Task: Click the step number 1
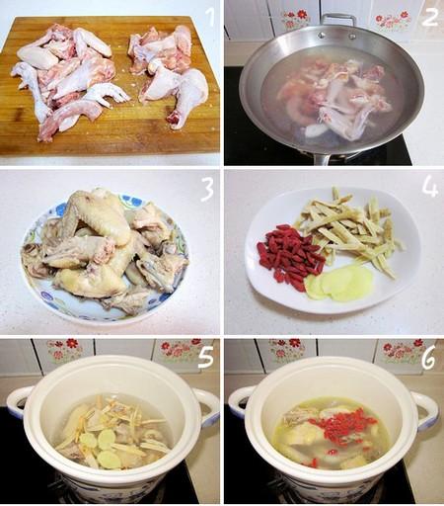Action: tap(208, 17)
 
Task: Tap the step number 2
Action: tap(429, 17)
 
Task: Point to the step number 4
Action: tap(430, 188)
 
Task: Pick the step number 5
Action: tap(206, 358)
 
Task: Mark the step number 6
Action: tap(429, 358)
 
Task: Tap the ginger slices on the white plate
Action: tap(338, 284)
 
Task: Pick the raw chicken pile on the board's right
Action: tap(168, 72)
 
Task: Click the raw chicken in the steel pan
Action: tap(335, 99)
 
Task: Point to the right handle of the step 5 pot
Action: tap(208, 407)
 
